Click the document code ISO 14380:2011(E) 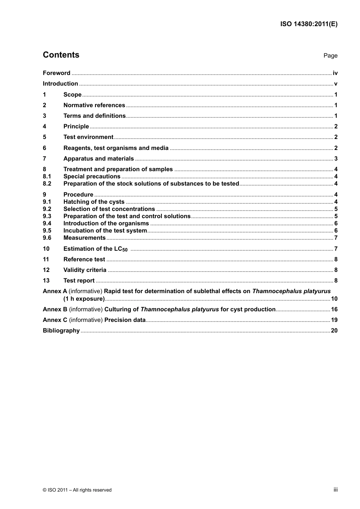308,24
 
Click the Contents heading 61,55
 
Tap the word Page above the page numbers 330,56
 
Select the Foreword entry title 56,73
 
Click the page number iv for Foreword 335,73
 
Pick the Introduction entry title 60,84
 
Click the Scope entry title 72,95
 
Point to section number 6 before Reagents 44,148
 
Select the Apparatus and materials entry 99,159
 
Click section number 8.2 47,184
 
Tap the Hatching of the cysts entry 94,202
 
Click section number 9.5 47,231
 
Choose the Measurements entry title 85,238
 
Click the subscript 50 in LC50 125,250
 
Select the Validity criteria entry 85,270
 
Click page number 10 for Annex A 334,299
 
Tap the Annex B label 55,309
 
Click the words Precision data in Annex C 125,320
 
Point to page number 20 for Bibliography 334,331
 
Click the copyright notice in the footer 77,490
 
